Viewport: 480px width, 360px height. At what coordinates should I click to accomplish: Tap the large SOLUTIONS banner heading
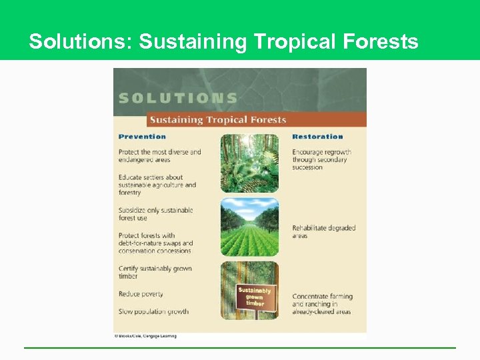(x=178, y=98)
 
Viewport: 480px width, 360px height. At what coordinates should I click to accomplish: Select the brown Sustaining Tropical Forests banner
(x=217, y=120)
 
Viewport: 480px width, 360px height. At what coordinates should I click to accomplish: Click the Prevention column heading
(x=142, y=137)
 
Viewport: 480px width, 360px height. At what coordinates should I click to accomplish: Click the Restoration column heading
(x=318, y=137)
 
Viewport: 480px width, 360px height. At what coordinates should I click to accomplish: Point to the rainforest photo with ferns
(x=249, y=163)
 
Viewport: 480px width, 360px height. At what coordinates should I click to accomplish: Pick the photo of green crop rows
(x=249, y=227)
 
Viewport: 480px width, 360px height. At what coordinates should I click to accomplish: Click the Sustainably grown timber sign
(x=254, y=296)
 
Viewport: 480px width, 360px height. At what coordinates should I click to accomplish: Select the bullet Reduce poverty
(x=141, y=294)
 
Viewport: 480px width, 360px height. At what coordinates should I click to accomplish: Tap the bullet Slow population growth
(x=153, y=311)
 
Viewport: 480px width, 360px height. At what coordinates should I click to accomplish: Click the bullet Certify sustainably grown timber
(x=155, y=273)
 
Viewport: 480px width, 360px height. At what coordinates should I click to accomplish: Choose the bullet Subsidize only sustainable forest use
(x=155, y=214)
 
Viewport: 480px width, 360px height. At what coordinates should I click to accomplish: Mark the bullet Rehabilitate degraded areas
(x=323, y=231)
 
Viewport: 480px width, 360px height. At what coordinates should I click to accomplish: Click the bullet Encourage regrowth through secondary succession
(x=321, y=159)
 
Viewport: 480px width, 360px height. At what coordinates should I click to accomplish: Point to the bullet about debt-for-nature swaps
(x=155, y=243)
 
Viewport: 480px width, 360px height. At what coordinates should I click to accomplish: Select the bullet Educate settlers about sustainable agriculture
(x=157, y=185)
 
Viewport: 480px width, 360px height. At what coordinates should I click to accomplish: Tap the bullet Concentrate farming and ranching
(x=322, y=304)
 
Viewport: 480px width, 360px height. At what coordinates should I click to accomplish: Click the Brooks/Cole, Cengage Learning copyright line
(x=145, y=336)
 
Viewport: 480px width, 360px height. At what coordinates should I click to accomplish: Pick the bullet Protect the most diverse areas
(x=159, y=155)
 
